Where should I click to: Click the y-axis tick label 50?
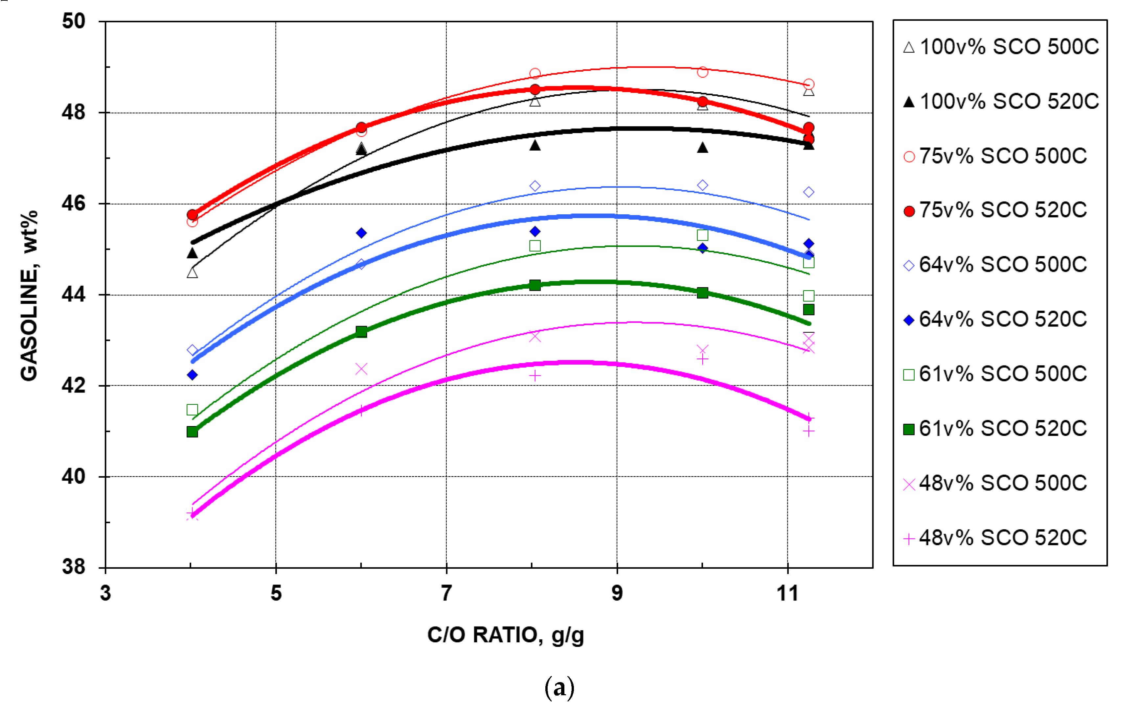click(74, 21)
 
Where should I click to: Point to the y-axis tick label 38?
click(74, 566)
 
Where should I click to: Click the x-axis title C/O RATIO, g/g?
click(505, 635)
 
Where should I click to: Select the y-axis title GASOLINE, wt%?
click(29, 295)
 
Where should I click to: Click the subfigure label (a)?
click(559, 688)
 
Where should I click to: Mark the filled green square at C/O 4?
click(192, 432)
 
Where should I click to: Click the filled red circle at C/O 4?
click(192, 215)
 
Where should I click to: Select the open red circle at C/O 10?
click(702, 72)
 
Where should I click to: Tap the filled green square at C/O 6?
click(361, 331)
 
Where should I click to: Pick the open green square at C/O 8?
click(534, 246)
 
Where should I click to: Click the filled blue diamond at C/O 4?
click(192, 375)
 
